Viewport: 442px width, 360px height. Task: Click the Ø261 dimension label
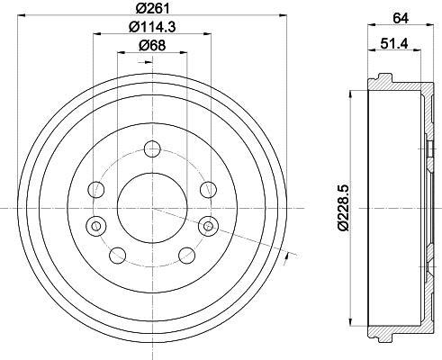click(x=152, y=8)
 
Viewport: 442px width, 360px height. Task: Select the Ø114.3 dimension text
click(x=152, y=27)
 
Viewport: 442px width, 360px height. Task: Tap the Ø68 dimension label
click(x=152, y=46)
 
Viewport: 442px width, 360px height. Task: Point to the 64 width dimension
click(x=401, y=18)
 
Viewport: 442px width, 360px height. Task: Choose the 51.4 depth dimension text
click(x=394, y=44)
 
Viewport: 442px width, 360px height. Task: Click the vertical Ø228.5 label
click(x=343, y=208)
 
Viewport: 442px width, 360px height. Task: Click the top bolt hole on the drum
click(x=152, y=149)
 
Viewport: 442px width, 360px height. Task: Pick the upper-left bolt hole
click(x=96, y=190)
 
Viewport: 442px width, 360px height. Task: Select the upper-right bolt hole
click(x=209, y=190)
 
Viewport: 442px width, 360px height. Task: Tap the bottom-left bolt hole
click(x=118, y=256)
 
